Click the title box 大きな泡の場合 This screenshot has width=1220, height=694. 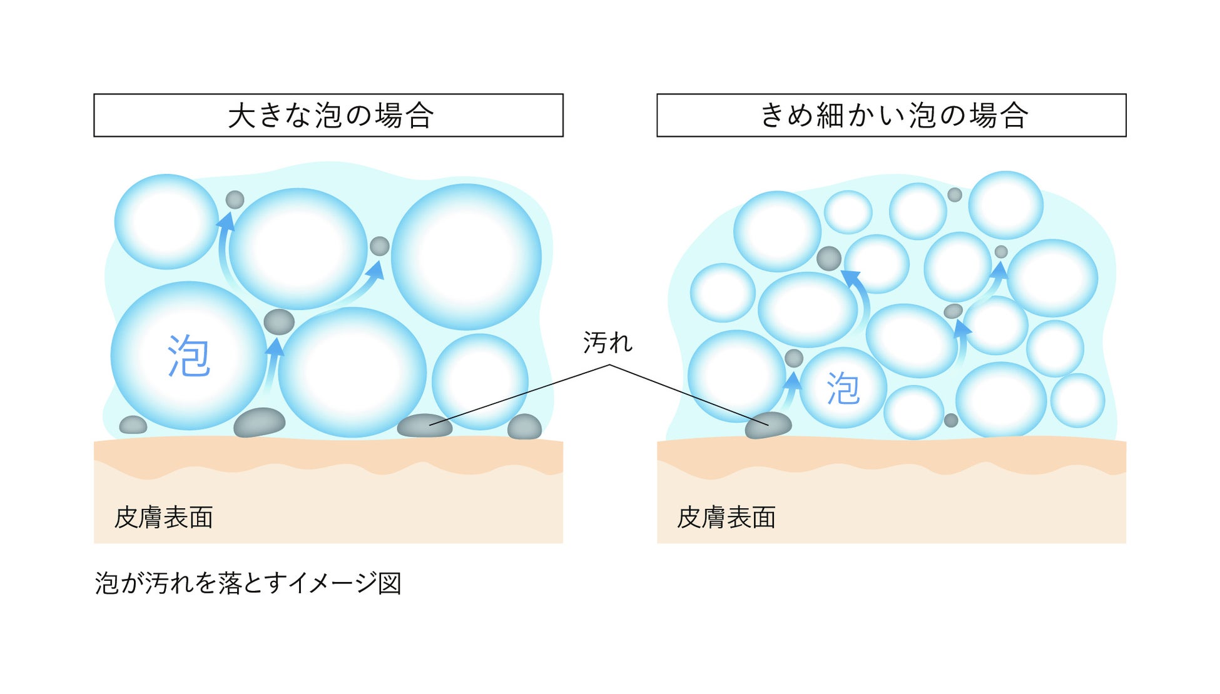tap(328, 116)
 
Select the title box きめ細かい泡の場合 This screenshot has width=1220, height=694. tap(892, 116)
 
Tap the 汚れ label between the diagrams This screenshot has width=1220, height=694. tap(607, 343)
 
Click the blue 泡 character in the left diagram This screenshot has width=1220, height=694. tap(188, 356)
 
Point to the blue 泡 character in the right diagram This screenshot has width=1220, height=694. tap(843, 388)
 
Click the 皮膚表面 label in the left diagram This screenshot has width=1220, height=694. tap(164, 518)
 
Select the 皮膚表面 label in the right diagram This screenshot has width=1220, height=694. tap(726, 518)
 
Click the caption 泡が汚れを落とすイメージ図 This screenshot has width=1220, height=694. tap(248, 583)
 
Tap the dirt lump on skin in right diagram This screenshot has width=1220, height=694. tap(768, 425)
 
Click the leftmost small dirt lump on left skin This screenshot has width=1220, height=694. tap(133, 425)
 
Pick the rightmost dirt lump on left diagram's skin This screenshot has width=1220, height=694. tap(524, 426)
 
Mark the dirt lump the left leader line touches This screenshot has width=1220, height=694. tap(424, 425)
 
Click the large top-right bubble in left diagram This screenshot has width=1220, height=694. tap(466, 256)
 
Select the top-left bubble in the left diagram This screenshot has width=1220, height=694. tap(166, 221)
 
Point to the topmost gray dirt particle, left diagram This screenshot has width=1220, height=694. tap(235, 199)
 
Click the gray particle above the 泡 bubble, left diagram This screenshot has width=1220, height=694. tap(279, 322)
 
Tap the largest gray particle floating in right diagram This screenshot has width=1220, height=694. tap(829, 258)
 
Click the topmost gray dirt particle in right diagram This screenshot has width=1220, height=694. tap(954, 194)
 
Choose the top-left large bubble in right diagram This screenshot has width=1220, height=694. tap(777, 231)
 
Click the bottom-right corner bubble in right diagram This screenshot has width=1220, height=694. tap(1077, 400)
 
